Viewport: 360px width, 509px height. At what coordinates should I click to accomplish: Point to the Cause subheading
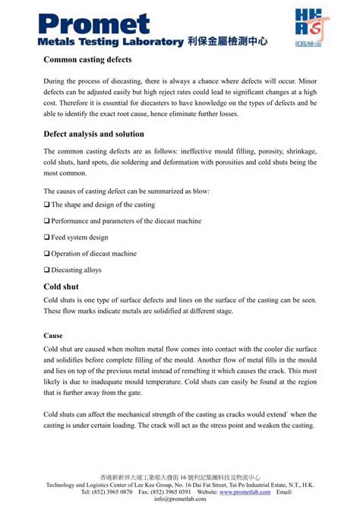(52, 334)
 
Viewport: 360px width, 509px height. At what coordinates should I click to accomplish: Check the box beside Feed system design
(47, 237)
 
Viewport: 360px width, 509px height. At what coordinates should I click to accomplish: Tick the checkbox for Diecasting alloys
(47, 270)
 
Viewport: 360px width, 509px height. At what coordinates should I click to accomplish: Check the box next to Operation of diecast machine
(47, 253)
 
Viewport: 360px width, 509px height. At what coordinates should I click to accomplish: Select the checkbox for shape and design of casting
(47, 204)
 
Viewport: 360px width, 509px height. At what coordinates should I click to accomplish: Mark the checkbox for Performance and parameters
(47, 220)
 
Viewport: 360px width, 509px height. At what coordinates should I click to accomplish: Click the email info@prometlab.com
(180, 500)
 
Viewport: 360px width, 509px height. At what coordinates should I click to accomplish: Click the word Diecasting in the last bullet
(69, 270)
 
